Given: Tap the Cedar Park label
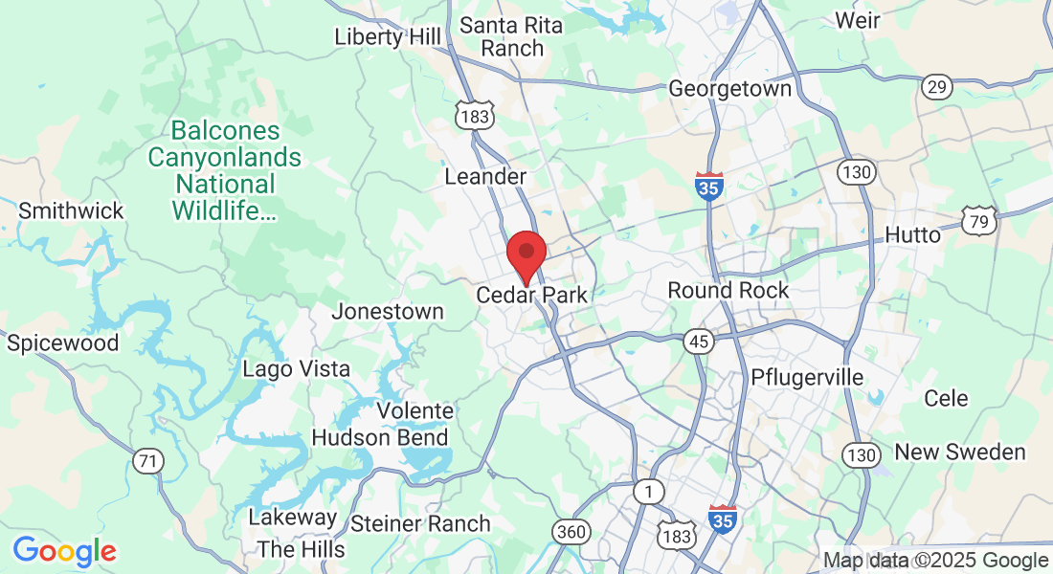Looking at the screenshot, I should [531, 296].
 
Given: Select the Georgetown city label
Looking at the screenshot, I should [730, 89].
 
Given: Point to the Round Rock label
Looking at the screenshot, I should [728, 290].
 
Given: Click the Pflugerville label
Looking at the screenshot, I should [808, 377].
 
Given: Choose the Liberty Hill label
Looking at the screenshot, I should [388, 36].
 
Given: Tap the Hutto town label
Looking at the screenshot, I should [912, 234].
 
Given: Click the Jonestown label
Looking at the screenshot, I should [388, 311].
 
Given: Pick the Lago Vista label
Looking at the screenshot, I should [296, 369].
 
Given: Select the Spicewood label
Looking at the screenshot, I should [63, 343].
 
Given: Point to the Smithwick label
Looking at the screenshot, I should [72, 210].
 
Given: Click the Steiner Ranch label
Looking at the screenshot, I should [420, 523].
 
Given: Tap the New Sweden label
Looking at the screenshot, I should [960, 453].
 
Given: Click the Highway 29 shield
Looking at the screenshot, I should [937, 88].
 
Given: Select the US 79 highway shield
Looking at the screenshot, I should [981, 221].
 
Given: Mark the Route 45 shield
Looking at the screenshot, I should [698, 342].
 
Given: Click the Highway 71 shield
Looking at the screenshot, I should [147, 461].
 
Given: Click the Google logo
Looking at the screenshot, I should [64, 551].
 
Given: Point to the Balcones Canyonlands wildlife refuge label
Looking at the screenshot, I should [225, 170].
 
